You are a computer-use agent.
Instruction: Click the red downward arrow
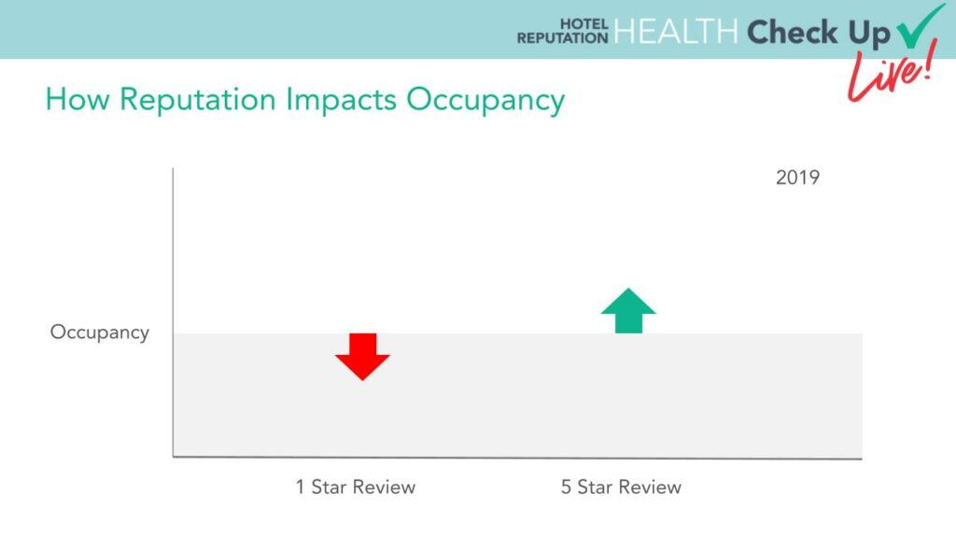tap(362, 356)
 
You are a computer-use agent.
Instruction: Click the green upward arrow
tap(628, 311)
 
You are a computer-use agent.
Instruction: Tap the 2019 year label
tap(797, 177)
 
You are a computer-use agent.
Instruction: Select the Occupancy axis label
tap(100, 333)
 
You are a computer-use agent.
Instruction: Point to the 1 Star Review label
tap(356, 487)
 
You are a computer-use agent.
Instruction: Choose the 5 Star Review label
tap(621, 487)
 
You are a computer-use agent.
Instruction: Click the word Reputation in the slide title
tap(198, 100)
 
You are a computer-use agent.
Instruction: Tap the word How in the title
tap(77, 99)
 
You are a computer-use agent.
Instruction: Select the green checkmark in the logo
tap(920, 26)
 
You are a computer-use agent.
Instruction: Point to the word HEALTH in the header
tap(676, 31)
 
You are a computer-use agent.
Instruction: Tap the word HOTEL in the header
tap(584, 24)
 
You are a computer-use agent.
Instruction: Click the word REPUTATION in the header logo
tap(563, 37)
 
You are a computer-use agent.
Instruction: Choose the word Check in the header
tap(792, 32)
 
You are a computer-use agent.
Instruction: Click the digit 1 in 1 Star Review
tap(300, 487)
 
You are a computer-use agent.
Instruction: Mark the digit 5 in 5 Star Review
tap(566, 487)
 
